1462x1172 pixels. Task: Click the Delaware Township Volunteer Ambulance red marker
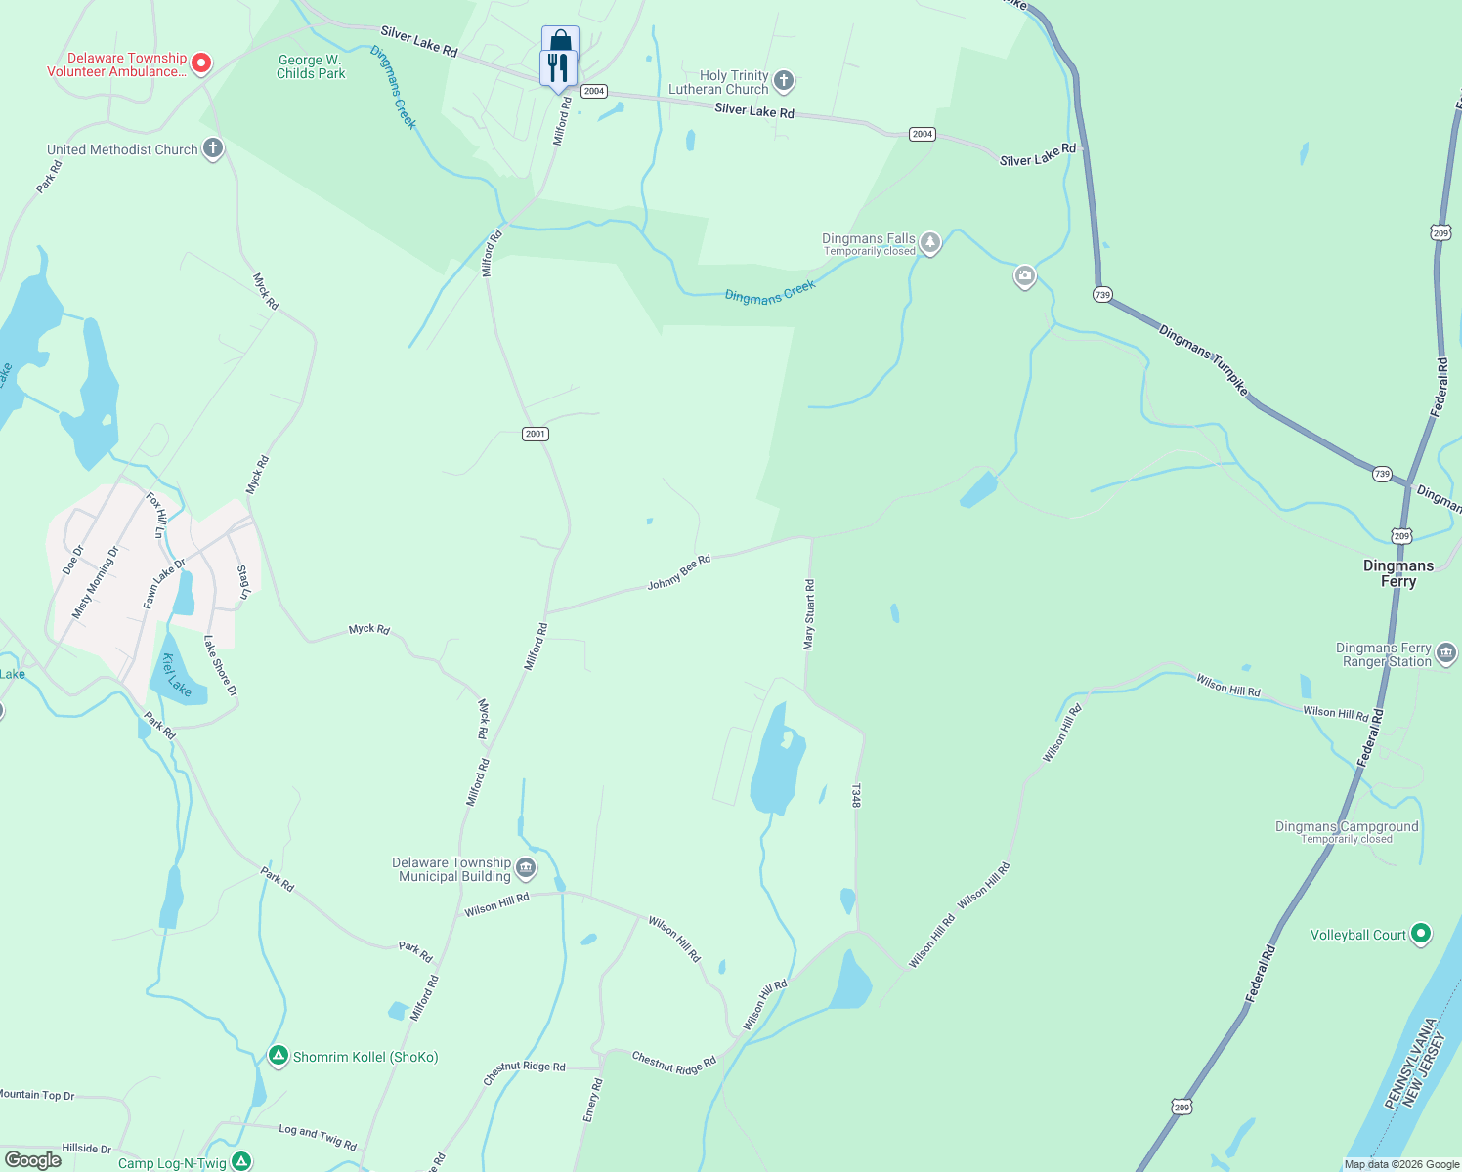(x=201, y=63)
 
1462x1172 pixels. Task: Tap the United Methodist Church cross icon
(x=213, y=149)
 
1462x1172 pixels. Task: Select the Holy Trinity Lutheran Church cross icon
(x=783, y=80)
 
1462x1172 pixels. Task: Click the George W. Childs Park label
(x=311, y=66)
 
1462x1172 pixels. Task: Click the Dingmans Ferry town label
(x=1398, y=573)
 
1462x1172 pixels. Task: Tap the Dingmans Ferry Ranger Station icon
(x=1446, y=653)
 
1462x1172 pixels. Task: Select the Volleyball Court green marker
(x=1421, y=934)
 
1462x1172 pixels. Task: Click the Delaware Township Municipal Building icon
(x=526, y=867)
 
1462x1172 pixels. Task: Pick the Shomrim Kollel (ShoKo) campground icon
(x=279, y=1056)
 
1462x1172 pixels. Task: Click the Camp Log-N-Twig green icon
(x=241, y=1161)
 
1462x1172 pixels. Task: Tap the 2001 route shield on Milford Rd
(x=535, y=434)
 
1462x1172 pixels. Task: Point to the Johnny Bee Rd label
(x=678, y=572)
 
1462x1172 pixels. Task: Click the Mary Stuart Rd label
(x=809, y=614)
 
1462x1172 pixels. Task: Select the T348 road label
(x=856, y=795)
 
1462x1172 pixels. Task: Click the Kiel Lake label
(x=177, y=674)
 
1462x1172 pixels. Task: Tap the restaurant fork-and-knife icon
(x=558, y=68)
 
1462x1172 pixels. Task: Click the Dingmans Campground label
(x=1347, y=827)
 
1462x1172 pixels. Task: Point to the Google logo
(x=33, y=1160)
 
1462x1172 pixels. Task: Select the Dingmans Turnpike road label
(x=1203, y=359)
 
